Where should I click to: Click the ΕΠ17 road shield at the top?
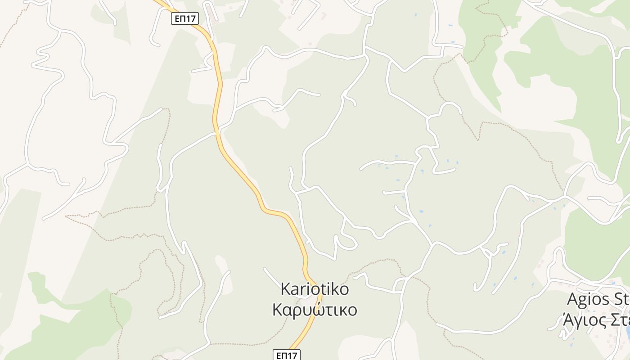point(185,18)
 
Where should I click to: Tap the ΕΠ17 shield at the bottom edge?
point(287,355)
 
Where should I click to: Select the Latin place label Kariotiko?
point(315,289)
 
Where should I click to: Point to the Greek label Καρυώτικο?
point(315,310)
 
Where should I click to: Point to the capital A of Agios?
point(572,299)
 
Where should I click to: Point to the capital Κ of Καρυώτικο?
point(278,310)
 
